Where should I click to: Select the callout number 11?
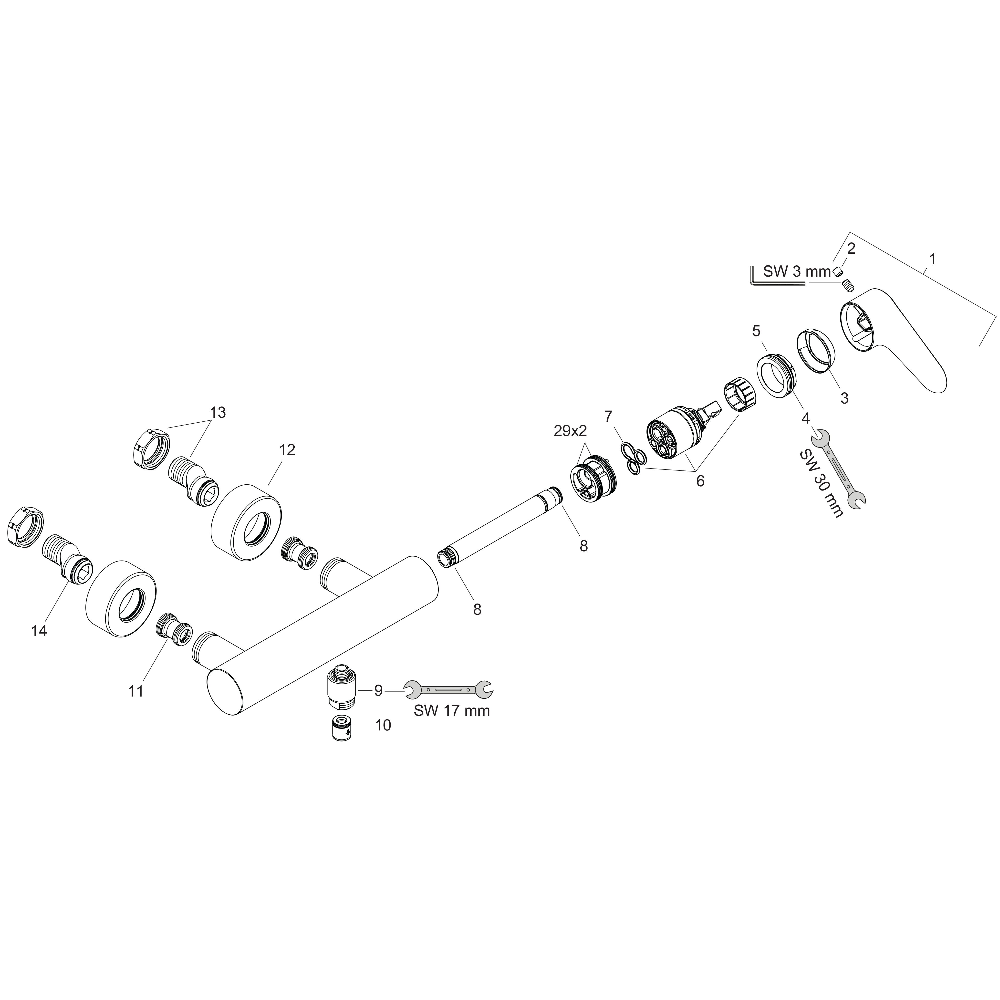135,691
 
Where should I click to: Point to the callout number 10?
383,725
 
